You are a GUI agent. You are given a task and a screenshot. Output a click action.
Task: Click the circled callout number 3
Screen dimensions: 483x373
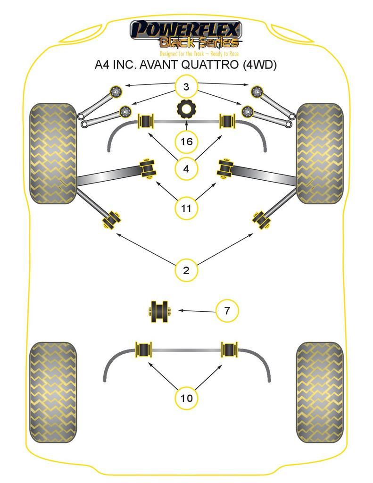point(186,87)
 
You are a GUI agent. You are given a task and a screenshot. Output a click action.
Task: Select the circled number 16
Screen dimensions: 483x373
point(186,141)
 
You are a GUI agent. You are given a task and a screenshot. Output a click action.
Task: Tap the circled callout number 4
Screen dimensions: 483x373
point(186,168)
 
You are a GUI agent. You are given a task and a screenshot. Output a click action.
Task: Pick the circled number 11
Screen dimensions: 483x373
point(186,208)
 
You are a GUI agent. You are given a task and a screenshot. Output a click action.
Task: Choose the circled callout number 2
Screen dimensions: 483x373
point(186,270)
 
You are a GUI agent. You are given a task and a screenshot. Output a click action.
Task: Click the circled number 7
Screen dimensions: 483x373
point(227,311)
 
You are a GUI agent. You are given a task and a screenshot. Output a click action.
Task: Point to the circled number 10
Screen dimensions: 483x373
point(186,398)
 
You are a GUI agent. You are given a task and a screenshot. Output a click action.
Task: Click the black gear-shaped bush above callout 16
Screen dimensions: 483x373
point(186,109)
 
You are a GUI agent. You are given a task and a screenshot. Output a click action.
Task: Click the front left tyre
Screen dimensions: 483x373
point(53,153)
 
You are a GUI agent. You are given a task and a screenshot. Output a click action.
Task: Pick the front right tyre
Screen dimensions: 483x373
point(319,153)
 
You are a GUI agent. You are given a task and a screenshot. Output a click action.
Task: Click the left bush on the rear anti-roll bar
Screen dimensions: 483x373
point(144,350)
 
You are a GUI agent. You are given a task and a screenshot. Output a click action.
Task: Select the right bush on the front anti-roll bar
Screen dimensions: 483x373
point(228,121)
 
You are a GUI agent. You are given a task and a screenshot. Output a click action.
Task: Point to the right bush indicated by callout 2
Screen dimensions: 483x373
point(262,220)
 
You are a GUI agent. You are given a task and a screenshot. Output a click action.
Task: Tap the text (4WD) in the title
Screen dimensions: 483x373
point(259,65)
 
